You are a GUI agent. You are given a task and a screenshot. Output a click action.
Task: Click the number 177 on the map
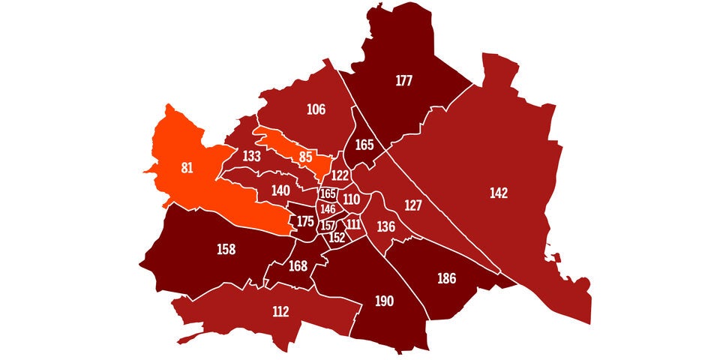[x=405, y=81]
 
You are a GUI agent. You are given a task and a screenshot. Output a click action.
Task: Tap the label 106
[x=316, y=109]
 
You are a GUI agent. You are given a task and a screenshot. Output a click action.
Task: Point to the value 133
[x=252, y=156]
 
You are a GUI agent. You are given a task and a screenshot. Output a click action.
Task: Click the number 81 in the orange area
[x=187, y=168]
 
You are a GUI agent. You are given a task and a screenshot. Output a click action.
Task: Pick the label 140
[x=280, y=190]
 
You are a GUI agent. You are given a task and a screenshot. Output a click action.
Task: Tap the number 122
[x=340, y=175]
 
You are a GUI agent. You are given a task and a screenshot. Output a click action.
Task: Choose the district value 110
[x=351, y=199]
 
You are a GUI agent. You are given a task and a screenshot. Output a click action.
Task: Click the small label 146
[x=328, y=209]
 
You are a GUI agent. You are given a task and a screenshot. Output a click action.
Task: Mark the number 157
[x=328, y=226]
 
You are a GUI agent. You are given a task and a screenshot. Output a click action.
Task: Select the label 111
[x=354, y=224]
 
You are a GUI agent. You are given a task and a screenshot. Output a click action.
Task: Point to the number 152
[x=337, y=238]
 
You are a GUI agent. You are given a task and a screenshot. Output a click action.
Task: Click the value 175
[x=305, y=222]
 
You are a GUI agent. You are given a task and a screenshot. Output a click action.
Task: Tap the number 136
[x=385, y=226]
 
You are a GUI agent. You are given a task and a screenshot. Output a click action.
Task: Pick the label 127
[x=413, y=205]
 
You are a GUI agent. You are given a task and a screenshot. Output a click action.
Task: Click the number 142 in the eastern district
[x=499, y=193]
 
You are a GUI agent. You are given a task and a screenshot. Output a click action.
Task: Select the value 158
[x=226, y=249]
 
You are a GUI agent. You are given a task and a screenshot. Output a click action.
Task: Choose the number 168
[x=298, y=265]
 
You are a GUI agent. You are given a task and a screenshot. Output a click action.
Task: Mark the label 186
[x=446, y=279]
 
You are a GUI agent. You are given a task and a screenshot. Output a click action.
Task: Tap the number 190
[x=384, y=301]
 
